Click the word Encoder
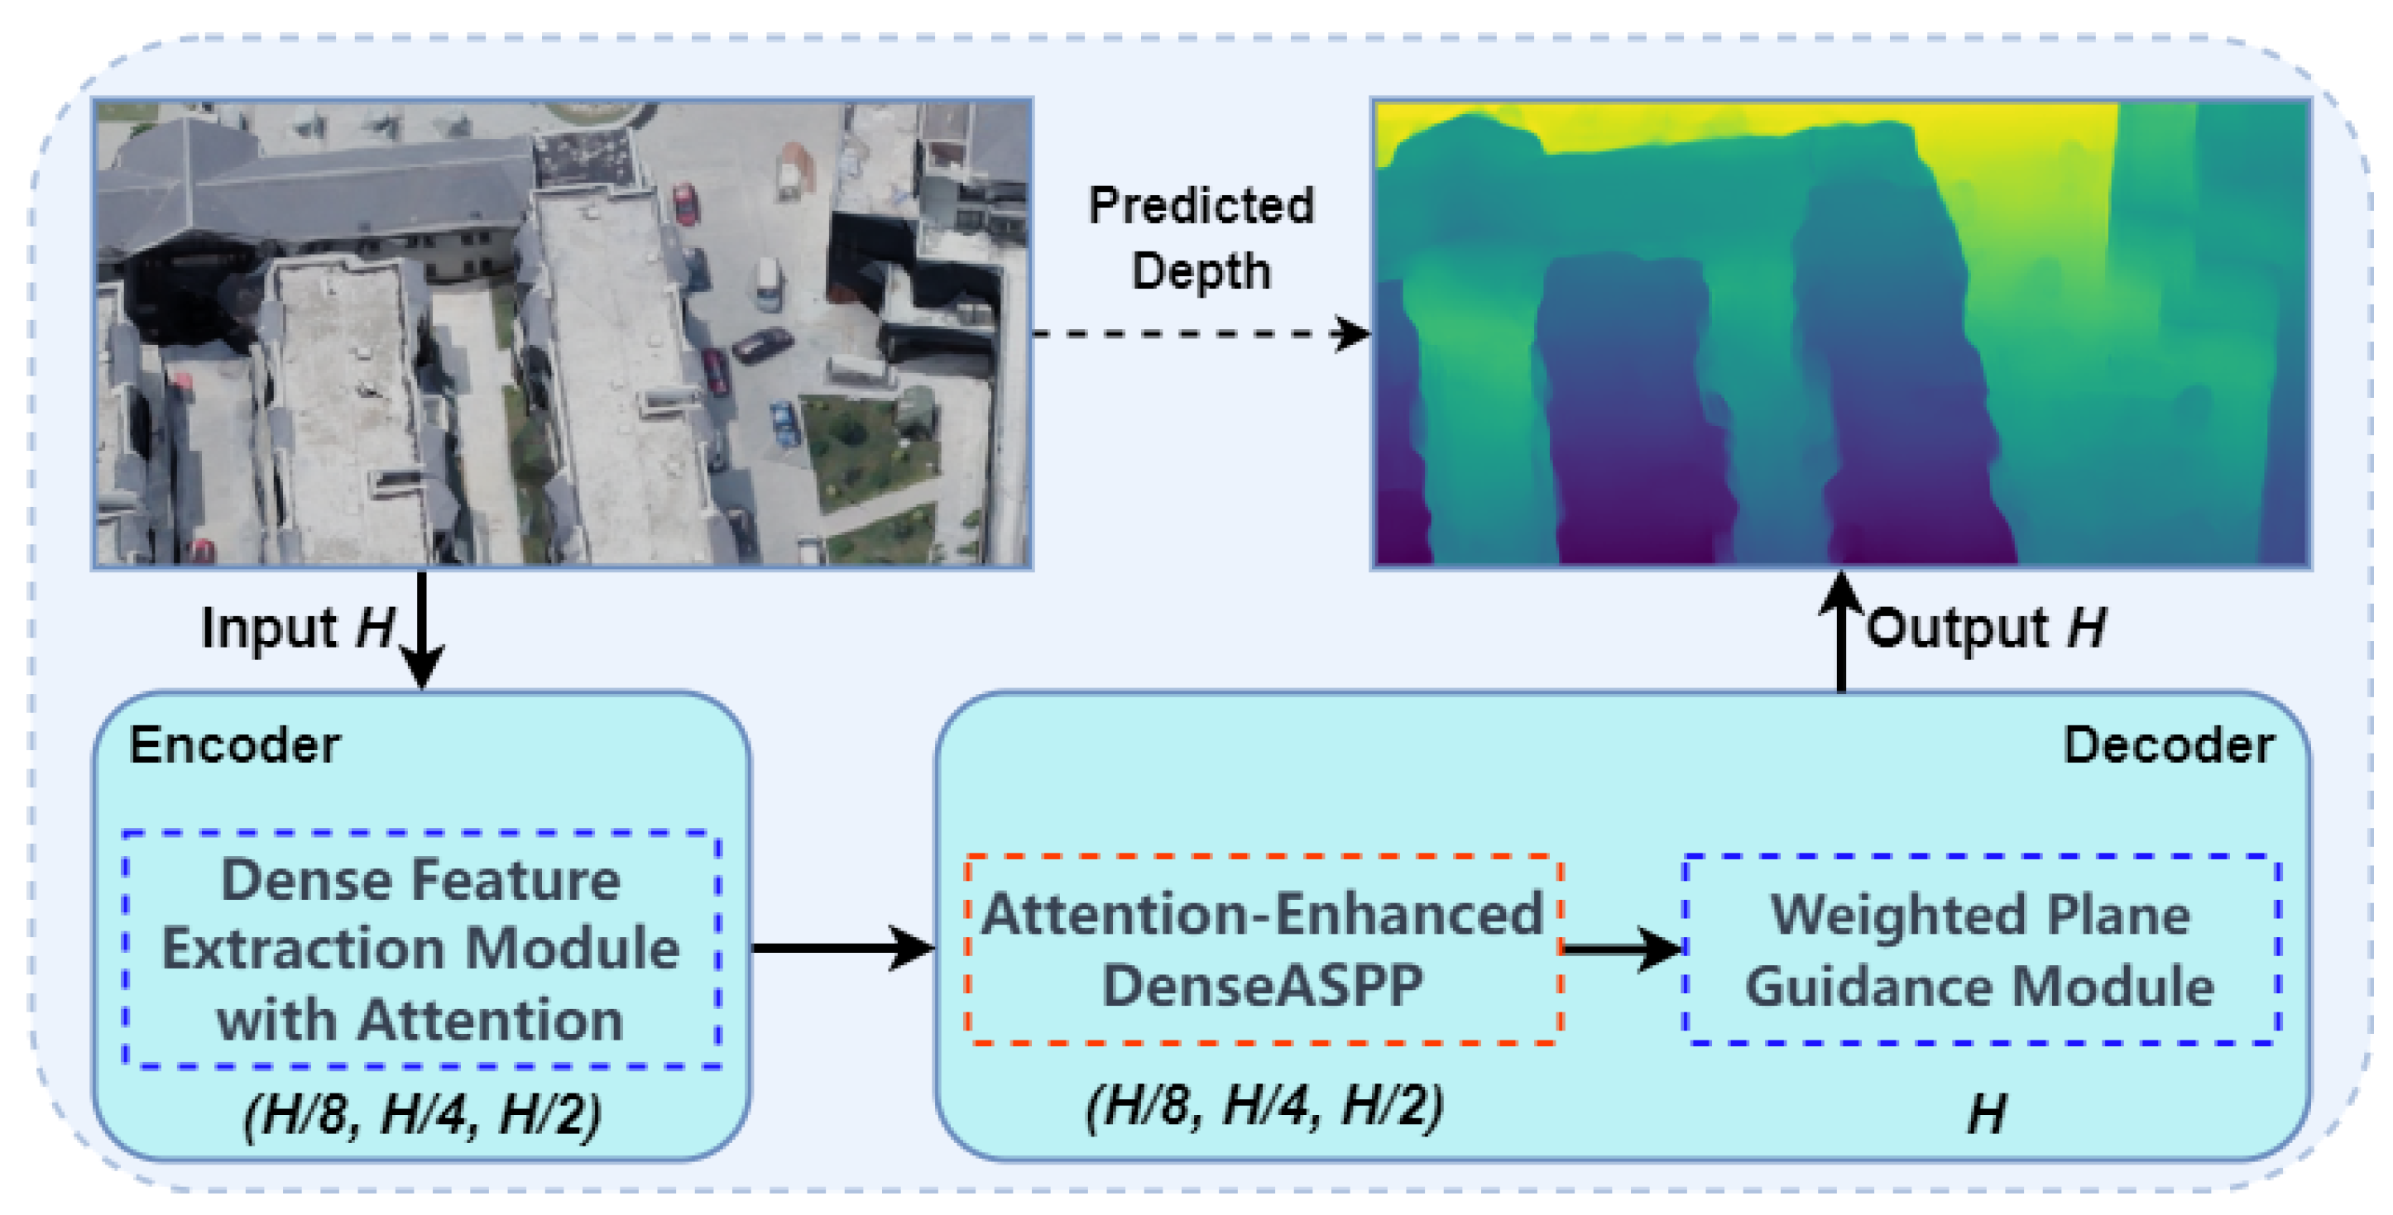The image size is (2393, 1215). (x=234, y=745)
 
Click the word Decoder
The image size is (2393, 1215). (x=2168, y=745)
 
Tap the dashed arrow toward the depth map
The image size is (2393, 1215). (x=1198, y=333)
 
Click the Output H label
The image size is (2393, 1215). (x=1986, y=628)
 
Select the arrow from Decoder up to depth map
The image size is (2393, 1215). (x=1841, y=632)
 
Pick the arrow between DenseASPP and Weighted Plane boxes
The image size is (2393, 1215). (x=1622, y=949)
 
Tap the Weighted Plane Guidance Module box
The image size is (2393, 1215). (x=1981, y=950)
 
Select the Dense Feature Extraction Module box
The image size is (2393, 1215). (x=422, y=950)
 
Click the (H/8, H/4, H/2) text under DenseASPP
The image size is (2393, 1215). (x=1264, y=1105)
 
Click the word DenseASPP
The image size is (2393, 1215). (x=1262, y=984)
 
